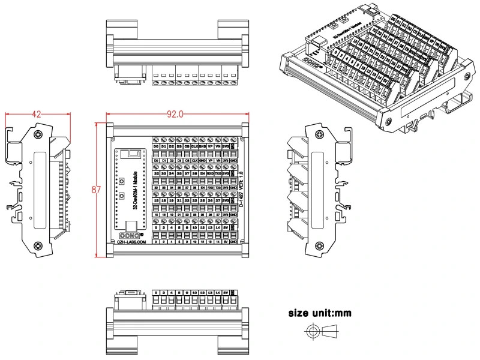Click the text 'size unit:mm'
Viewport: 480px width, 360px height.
pos(320,313)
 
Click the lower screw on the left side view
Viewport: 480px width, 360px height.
pos(38,245)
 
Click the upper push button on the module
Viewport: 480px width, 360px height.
pos(122,181)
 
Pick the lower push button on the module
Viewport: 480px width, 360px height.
pos(122,195)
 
